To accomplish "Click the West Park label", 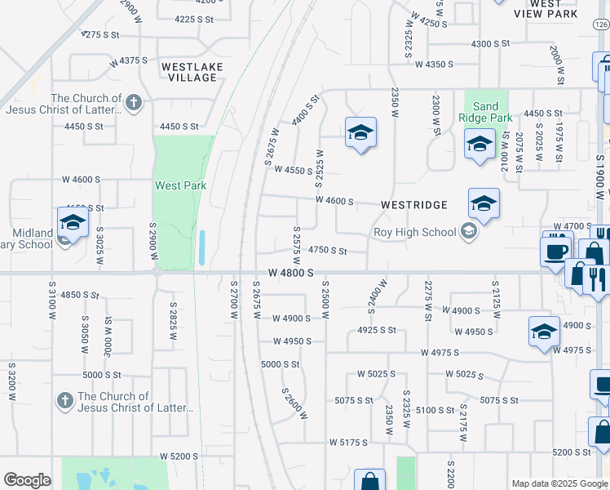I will click(x=180, y=185).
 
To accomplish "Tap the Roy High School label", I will click(x=414, y=232).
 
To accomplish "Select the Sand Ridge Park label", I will click(x=485, y=112).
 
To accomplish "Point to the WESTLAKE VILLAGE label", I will click(x=189, y=72).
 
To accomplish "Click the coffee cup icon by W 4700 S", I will click(x=555, y=250).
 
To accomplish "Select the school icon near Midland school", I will click(x=72, y=223).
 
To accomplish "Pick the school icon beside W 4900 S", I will click(x=544, y=332).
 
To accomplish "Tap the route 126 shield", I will click(x=599, y=26).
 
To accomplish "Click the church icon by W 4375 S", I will click(x=134, y=103).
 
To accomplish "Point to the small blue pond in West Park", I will click(x=201, y=247).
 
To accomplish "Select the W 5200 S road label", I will click(x=179, y=456).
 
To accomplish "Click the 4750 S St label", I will click(x=328, y=251).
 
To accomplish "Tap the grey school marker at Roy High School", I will click(x=468, y=232).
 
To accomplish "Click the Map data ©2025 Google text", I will click(x=559, y=483).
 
